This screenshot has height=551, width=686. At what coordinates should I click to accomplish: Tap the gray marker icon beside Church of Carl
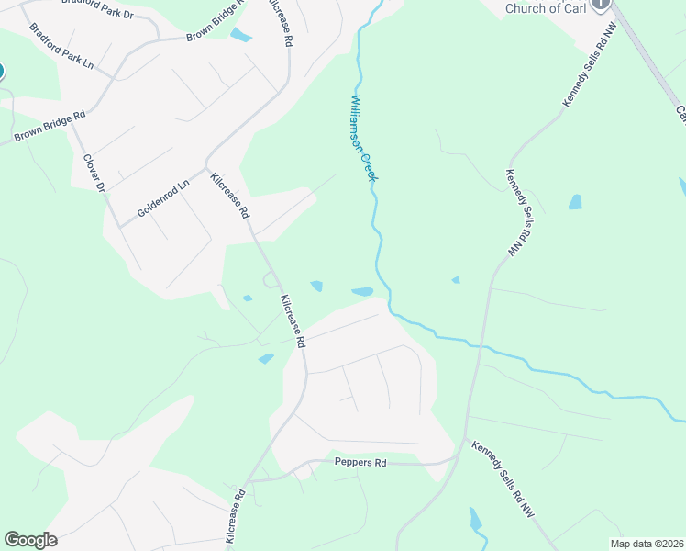601,4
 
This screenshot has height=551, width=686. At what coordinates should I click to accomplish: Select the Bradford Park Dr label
95,8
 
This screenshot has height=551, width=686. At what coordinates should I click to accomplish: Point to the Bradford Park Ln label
61,47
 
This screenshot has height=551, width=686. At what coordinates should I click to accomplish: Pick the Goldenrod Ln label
162,197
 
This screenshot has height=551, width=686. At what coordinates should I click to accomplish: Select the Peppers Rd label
360,463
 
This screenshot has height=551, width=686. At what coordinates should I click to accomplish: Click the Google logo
30,540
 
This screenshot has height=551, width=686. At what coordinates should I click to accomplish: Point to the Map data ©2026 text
647,544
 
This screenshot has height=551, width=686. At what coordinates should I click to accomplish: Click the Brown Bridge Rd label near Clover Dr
50,127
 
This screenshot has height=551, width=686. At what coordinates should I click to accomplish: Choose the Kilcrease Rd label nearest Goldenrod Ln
230,195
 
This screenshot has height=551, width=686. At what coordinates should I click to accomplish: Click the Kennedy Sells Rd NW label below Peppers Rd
513,486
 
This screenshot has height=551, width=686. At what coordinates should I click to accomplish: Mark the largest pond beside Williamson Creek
362,292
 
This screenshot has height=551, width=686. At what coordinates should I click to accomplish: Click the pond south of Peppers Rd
475,522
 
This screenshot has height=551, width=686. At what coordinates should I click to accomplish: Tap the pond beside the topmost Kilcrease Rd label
241,36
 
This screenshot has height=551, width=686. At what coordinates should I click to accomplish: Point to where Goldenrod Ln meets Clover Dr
120,226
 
